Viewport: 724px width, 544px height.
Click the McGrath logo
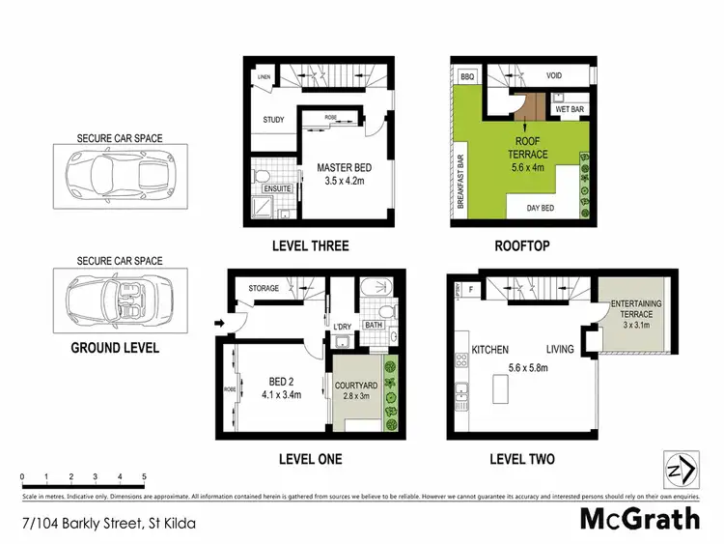(x=639, y=520)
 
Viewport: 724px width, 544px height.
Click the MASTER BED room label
(x=344, y=167)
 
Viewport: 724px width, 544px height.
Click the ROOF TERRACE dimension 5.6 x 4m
(x=530, y=164)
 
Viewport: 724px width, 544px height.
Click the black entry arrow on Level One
(x=218, y=322)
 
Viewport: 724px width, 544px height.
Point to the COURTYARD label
(x=353, y=384)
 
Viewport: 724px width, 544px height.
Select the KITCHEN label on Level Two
(x=489, y=350)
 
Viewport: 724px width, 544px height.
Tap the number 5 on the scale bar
(x=144, y=477)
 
